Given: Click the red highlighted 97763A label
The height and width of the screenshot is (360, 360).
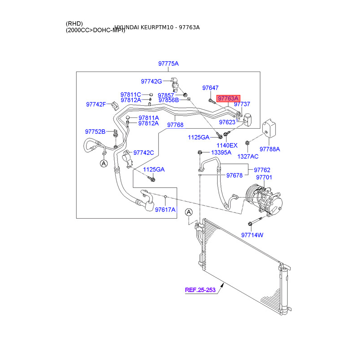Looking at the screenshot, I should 229,99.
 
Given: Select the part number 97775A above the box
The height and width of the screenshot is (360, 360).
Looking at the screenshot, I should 168,64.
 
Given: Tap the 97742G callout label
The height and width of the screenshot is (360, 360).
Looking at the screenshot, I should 151,81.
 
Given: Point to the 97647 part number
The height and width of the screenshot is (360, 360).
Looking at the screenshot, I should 210,88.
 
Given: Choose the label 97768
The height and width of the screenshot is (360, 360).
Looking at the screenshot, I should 175,125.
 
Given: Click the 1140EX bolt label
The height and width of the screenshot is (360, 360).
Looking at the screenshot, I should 227,145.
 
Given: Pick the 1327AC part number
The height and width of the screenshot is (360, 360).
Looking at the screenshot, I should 248,156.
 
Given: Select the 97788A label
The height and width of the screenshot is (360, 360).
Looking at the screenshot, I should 270,149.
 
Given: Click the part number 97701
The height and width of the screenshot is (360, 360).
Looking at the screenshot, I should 264,177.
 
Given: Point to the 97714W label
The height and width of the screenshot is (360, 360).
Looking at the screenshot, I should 252,235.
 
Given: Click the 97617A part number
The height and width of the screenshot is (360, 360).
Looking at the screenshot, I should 165,210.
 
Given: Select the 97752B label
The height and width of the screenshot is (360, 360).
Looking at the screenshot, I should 95,131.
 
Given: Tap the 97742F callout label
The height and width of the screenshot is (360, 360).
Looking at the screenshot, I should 95,104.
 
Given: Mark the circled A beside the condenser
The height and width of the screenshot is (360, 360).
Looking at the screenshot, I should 189,212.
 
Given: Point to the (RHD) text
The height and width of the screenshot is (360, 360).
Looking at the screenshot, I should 74,23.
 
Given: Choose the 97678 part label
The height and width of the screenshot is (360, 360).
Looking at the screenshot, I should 234,175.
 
